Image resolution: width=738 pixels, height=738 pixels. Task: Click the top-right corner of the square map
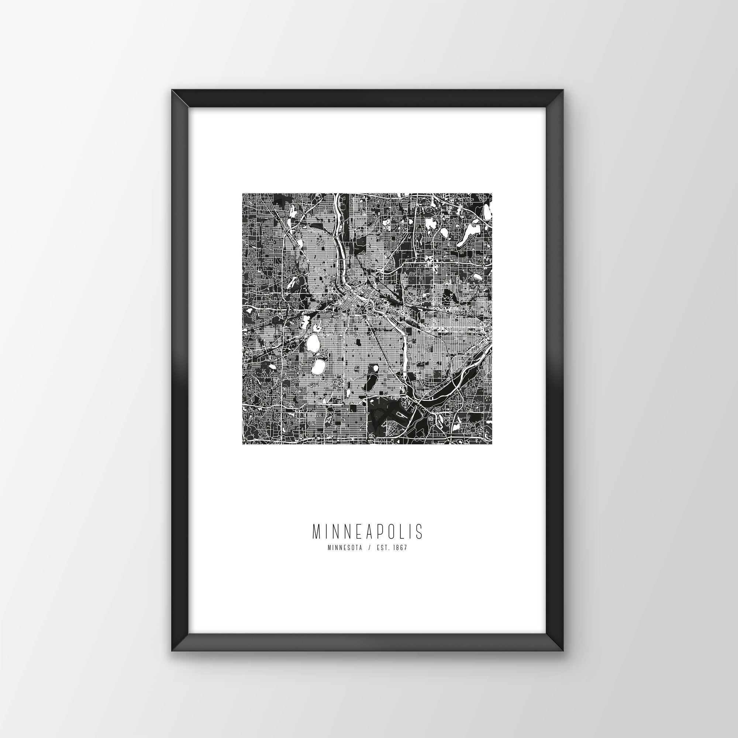point(491,194)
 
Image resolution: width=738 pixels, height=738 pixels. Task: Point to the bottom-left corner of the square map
point(242,444)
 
